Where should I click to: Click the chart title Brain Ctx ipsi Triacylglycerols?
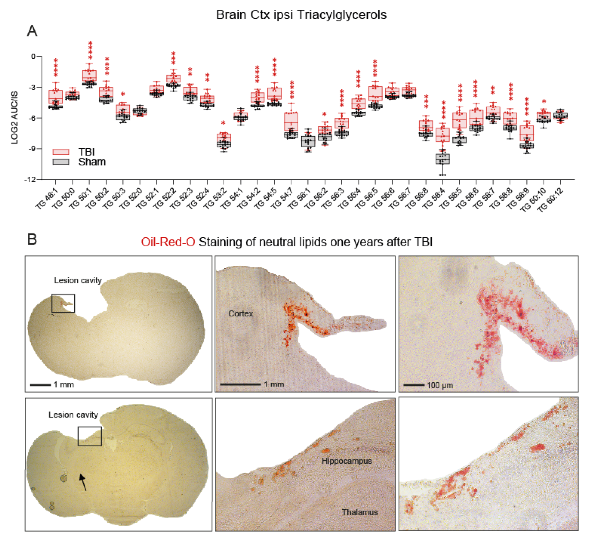click(x=301, y=15)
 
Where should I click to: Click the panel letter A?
click(x=32, y=31)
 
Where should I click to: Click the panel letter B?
click(x=32, y=239)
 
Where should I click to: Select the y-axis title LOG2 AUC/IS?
click(x=14, y=118)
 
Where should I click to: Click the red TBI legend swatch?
click(x=60, y=152)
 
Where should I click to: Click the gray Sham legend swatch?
click(x=60, y=162)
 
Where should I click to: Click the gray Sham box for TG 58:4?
click(x=443, y=159)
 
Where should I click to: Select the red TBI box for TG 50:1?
click(x=89, y=75)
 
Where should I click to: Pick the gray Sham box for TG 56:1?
click(x=308, y=141)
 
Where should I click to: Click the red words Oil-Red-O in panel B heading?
click(x=168, y=242)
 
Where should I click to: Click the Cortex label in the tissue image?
click(x=240, y=314)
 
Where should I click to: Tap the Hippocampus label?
click(x=346, y=461)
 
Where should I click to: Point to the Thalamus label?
click(x=359, y=512)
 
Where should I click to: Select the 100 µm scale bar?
click(x=414, y=385)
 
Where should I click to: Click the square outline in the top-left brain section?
click(x=63, y=303)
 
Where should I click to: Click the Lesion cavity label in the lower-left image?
click(x=73, y=415)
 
